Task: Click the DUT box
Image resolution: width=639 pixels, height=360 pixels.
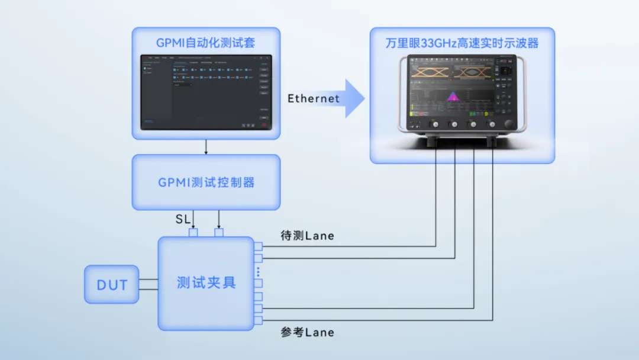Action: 112,285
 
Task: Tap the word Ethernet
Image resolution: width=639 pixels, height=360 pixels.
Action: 314,98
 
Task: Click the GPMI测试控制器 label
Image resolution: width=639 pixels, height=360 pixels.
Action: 206,182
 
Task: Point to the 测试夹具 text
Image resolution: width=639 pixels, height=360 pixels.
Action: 206,282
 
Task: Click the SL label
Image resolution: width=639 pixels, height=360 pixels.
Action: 183,220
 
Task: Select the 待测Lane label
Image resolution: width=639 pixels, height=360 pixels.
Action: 307,236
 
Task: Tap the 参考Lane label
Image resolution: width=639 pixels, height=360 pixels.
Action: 307,332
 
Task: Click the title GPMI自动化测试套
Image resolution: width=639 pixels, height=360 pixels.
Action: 206,43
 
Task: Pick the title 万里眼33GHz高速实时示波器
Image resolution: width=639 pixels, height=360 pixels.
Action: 462,43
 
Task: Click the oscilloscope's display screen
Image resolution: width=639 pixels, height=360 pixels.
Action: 453,89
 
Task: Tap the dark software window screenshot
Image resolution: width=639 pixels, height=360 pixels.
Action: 206,92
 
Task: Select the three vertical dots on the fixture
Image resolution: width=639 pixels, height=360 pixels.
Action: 258,272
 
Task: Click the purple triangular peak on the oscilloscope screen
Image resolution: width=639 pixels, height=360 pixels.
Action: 454,96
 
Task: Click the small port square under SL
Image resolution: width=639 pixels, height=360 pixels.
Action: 193,233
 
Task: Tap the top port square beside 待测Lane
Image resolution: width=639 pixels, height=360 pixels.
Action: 258,246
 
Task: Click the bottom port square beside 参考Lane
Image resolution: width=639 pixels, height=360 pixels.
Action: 258,321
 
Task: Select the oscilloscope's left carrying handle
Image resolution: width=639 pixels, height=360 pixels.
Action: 402,95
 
